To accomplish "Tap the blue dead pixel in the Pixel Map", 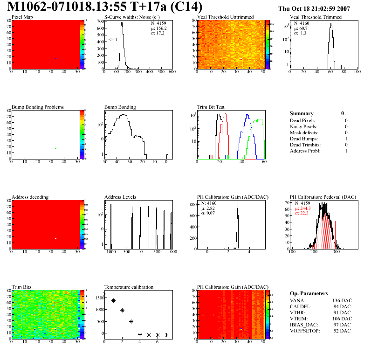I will pos(55,59).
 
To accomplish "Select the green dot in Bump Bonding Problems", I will pos(55,149).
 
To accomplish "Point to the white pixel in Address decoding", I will pos(55,239).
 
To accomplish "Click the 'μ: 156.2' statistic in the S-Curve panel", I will pos(159,28).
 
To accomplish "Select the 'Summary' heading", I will pos(302,113).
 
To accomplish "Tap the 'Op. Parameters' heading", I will pos(309,293).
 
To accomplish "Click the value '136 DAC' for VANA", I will pos(342,300).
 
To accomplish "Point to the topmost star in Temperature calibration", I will pos(104,294).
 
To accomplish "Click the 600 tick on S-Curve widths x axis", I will pos(172,72).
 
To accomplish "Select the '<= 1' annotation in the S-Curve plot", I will pos(113,40).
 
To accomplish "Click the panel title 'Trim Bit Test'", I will pos(211,107).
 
